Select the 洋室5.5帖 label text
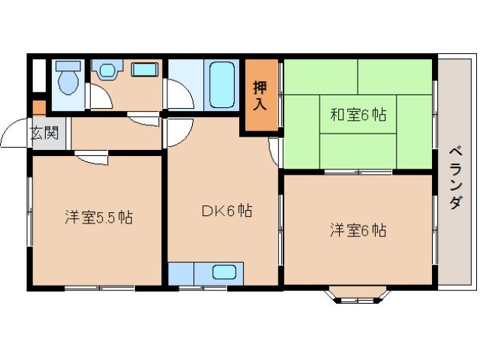point(98,218)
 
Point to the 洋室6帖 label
point(358,230)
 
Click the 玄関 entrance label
point(43,134)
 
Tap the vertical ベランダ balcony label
point(455,176)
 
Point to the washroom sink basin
point(107,70)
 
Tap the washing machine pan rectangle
point(144,70)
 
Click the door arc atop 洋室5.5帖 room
point(91,159)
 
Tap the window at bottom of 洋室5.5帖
point(99,287)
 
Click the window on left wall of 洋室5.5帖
point(30,210)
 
